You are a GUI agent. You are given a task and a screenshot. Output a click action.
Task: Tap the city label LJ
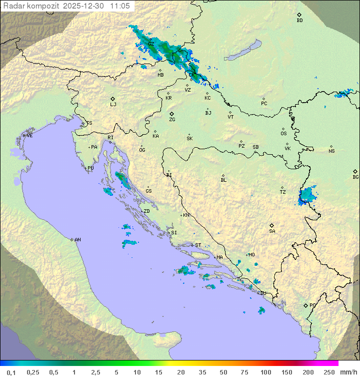click(x=113, y=105)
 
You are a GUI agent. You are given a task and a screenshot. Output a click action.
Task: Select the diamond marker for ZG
click(x=172, y=114)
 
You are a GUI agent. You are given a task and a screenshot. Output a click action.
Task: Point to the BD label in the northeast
click(x=299, y=21)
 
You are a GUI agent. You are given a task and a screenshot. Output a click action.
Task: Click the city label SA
click(x=272, y=231)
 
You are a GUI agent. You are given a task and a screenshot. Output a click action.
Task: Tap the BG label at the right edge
click(x=355, y=177)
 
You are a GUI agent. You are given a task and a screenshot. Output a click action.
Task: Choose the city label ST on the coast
click(x=198, y=245)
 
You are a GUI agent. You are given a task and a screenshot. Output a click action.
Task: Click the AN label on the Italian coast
click(x=77, y=240)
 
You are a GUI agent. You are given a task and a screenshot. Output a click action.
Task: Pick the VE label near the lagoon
click(x=29, y=136)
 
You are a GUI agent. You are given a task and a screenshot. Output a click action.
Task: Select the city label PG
click(x=312, y=305)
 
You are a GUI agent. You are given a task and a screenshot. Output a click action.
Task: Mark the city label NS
click(x=331, y=151)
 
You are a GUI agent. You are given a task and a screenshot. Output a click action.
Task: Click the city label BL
click(x=223, y=180)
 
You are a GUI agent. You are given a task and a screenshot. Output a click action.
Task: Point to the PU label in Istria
click(x=90, y=168)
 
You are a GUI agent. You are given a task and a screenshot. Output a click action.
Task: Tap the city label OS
click(x=283, y=134)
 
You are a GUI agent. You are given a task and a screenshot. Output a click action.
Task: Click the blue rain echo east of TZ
click(x=306, y=195)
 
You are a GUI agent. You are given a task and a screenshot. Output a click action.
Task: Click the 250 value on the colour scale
click(x=328, y=372)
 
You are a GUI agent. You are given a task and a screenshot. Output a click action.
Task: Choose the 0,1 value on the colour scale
click(x=11, y=372)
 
